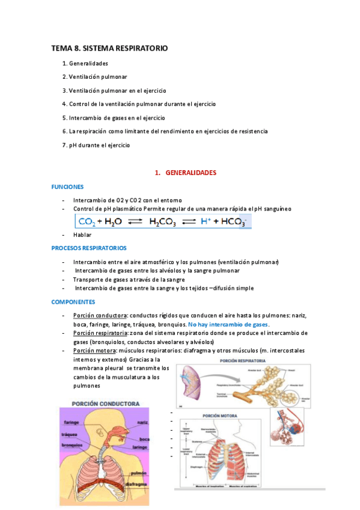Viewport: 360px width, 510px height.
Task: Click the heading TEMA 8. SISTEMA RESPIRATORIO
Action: (109, 48)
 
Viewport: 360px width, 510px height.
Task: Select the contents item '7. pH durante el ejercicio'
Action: (96, 145)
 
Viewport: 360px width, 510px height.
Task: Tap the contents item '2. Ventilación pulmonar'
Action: (94, 77)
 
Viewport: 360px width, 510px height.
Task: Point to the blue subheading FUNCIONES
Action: (67, 187)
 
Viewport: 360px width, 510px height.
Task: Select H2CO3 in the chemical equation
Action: (165, 222)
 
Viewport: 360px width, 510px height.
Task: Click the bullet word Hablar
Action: (82, 235)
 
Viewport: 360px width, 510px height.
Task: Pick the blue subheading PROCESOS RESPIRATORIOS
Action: (88, 248)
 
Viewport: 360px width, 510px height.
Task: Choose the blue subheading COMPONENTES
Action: (73, 301)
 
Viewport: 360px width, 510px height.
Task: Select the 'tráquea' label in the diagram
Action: (70, 434)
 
